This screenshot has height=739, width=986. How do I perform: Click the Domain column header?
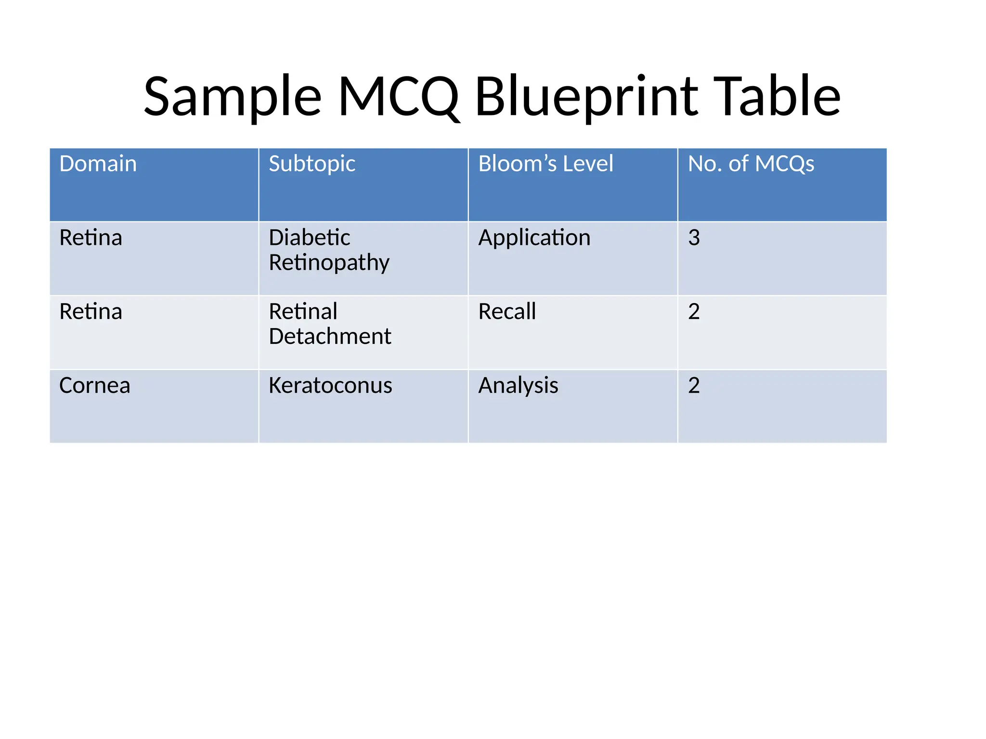tap(98, 164)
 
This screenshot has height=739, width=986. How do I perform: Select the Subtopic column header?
tap(312, 164)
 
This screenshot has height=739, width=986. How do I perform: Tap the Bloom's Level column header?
tap(545, 164)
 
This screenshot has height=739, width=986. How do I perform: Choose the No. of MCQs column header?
tap(751, 164)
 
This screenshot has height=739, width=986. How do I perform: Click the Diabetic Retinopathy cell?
tap(329, 250)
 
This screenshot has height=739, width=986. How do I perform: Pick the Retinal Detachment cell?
tap(330, 324)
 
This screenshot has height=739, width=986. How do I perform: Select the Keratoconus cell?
tap(330, 386)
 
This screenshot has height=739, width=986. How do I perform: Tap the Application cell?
tap(534, 238)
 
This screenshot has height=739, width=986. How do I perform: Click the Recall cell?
tap(507, 312)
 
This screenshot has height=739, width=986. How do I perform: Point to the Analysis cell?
tap(518, 386)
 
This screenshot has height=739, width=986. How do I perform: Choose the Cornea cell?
tap(95, 386)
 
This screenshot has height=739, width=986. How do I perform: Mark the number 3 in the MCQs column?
tap(694, 238)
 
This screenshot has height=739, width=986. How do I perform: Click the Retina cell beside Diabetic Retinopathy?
tap(91, 238)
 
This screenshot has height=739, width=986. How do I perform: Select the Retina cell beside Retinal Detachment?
tap(91, 312)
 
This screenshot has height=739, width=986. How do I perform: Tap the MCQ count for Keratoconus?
tap(694, 386)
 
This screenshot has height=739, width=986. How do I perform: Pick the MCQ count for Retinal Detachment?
tap(694, 312)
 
